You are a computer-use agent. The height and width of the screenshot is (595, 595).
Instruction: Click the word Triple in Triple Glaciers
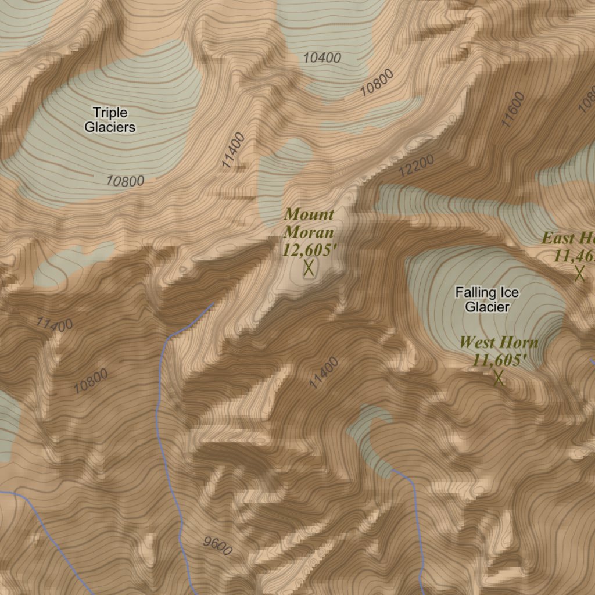coord(110,112)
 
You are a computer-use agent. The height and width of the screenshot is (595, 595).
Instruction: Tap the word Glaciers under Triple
coord(110,127)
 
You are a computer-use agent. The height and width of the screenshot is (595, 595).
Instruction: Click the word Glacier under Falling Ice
coord(487,307)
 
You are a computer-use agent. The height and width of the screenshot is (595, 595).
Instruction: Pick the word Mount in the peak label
coord(309,215)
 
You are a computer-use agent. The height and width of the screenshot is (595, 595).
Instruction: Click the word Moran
coord(309,232)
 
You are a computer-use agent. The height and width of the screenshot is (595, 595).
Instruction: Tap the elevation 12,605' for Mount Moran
coord(310,250)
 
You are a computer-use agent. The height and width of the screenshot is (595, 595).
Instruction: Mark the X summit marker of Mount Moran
coord(309,268)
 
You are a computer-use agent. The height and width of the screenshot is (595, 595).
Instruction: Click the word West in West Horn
coord(480,343)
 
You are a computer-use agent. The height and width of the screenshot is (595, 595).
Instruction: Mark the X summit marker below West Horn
coord(498,378)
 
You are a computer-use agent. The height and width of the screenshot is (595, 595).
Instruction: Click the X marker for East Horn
coord(579,273)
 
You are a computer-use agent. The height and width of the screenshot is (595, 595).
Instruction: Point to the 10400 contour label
coord(322,58)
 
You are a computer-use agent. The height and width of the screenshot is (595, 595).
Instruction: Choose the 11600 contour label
coord(513,109)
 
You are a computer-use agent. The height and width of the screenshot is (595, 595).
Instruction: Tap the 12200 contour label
coord(417,167)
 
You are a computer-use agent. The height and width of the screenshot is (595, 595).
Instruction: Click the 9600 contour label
coord(218,546)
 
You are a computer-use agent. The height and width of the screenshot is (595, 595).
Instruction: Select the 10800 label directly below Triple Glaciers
coord(125,181)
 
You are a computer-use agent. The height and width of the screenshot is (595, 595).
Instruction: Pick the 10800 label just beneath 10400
coord(377,83)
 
